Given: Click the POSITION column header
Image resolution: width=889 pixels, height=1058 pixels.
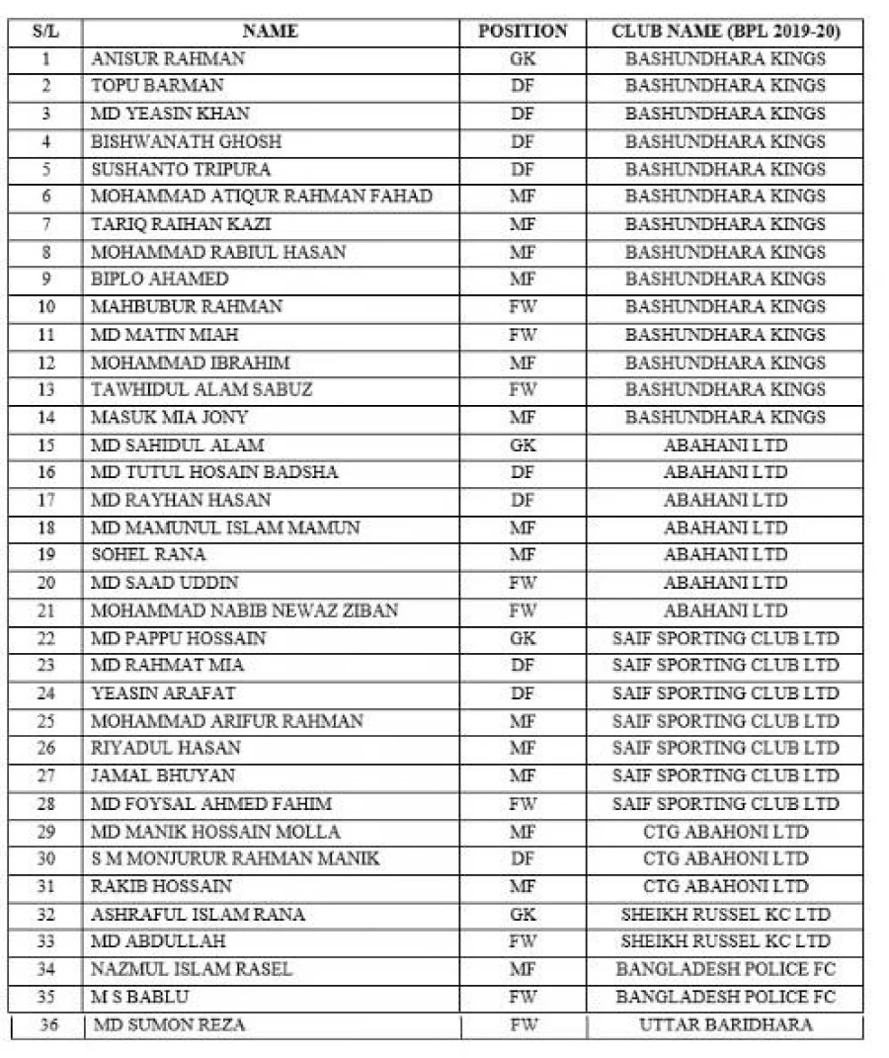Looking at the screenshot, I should [523, 32].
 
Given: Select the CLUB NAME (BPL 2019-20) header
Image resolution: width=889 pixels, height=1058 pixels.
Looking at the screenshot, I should [725, 32].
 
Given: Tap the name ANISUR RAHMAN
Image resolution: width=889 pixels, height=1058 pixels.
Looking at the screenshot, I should [168, 58].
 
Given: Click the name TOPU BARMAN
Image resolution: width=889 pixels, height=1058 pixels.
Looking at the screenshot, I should [157, 86].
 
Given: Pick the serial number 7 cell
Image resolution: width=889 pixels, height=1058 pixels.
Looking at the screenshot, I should [45, 224].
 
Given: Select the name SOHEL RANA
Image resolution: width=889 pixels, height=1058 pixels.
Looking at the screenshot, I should [148, 555].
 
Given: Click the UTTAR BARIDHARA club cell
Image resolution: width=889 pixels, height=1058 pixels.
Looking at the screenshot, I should [725, 1024].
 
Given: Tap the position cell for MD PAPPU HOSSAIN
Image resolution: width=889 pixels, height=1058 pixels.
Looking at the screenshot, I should [523, 638].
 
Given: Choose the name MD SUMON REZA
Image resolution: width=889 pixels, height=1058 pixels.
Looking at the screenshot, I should [169, 1024].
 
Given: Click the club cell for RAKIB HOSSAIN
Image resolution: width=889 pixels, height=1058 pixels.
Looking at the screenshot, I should [725, 886].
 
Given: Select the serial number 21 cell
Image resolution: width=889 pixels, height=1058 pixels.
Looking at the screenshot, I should [45, 610].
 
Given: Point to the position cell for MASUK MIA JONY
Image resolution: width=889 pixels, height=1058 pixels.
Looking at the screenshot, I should [523, 417].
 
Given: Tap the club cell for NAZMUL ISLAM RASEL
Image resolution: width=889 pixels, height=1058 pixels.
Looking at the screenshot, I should [725, 969].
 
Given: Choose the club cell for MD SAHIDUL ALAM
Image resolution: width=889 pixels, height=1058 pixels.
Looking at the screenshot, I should [725, 445].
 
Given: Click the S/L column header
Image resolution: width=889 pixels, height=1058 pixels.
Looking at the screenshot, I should [45, 32].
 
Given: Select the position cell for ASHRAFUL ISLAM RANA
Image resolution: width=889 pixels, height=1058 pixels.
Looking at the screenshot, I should [523, 914].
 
